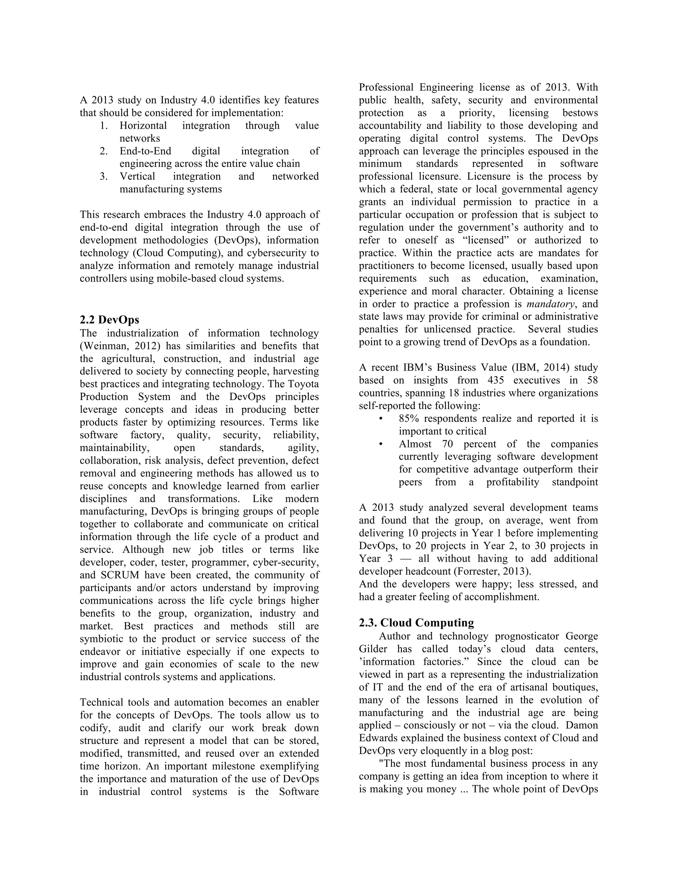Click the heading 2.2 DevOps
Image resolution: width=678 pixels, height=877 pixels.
pyautogui.click(x=109, y=320)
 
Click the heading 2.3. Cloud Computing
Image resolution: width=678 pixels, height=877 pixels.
pyautogui.click(x=416, y=623)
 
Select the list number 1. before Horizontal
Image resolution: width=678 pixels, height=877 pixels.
pyautogui.click(x=104, y=126)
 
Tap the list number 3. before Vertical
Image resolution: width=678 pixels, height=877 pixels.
pyautogui.click(x=104, y=177)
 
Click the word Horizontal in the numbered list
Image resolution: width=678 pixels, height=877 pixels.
pyautogui.click(x=143, y=126)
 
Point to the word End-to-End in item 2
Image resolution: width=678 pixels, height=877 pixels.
pyautogui.click(x=145, y=151)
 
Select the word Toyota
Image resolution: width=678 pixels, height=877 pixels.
pyautogui.click(x=303, y=384)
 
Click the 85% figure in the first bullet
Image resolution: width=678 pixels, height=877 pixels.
pyautogui.click(x=409, y=419)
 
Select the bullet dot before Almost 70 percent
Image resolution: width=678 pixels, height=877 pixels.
pyautogui.click(x=380, y=444)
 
